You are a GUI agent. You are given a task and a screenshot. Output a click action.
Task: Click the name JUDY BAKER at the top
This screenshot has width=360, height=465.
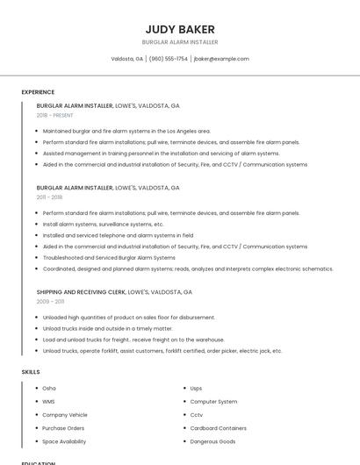180,29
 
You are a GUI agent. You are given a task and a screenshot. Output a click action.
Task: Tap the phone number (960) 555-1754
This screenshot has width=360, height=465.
168,59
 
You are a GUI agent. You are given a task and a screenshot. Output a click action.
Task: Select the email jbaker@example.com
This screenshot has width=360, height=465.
221,59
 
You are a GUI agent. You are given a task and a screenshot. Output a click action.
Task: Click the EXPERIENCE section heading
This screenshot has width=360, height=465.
38,92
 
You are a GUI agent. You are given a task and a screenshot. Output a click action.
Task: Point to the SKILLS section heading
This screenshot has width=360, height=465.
31,372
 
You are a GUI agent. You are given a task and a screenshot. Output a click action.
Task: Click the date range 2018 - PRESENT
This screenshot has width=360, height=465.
54,115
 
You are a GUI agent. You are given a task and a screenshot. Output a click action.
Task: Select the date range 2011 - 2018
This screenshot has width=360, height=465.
50,197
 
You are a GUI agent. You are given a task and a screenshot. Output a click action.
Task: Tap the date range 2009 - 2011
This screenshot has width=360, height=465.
50,301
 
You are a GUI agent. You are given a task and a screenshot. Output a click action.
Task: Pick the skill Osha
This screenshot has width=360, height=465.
49,388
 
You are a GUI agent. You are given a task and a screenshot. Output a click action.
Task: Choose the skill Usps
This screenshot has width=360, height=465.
196,388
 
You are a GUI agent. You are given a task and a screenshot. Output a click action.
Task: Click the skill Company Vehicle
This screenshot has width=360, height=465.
65,415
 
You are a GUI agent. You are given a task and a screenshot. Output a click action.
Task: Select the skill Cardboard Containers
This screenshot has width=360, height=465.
219,428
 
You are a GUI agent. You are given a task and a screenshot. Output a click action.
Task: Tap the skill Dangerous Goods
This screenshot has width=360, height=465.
212,441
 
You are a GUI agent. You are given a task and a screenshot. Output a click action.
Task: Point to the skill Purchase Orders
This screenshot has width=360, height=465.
63,428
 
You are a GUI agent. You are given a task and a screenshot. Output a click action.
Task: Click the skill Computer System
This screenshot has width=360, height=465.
213,401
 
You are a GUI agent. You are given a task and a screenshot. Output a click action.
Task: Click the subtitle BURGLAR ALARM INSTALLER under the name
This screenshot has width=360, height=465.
180,42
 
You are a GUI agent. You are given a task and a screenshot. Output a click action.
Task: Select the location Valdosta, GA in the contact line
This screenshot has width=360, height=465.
127,59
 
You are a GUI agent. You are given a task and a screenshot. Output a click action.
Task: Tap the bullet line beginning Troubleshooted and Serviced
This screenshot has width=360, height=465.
109,258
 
